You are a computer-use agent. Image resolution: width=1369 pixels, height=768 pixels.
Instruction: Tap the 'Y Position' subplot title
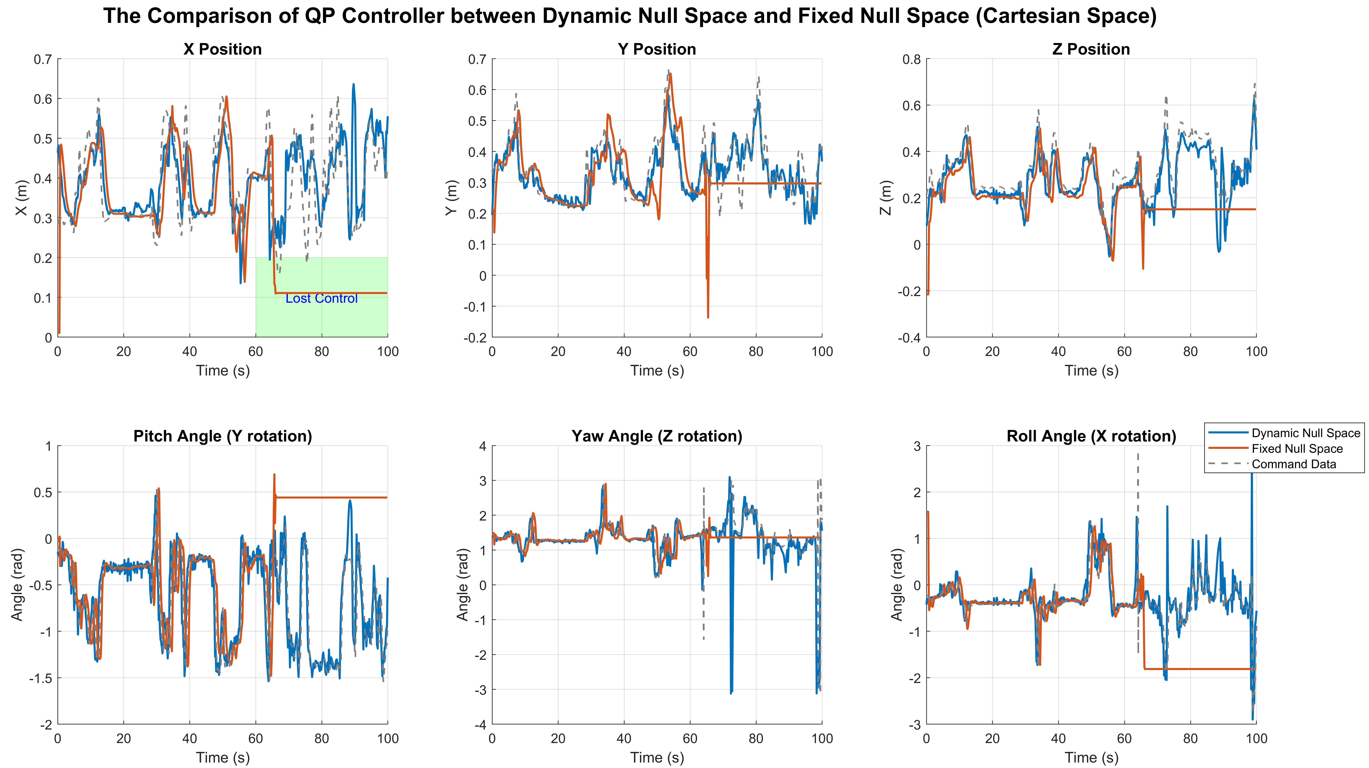pyautogui.click(x=657, y=49)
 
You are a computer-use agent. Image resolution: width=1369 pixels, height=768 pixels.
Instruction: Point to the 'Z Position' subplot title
pyautogui.click(x=1091, y=49)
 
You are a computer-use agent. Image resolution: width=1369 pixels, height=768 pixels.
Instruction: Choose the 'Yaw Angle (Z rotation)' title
pyautogui.click(x=657, y=436)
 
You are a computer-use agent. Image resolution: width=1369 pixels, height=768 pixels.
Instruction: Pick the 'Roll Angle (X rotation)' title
pyautogui.click(x=1091, y=436)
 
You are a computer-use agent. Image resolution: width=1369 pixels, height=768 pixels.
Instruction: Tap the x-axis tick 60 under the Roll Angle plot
pyautogui.click(x=1124, y=739)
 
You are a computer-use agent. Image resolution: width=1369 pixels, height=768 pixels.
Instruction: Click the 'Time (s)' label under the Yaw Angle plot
pyautogui.click(x=657, y=758)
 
